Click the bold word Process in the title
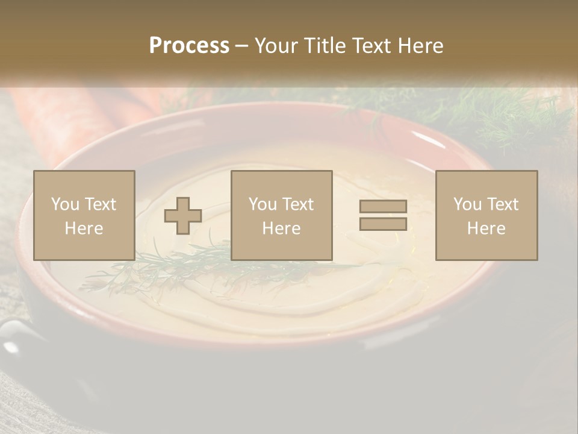tap(189, 46)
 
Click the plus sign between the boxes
tap(183, 215)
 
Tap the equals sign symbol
tap(383, 215)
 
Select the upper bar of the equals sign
tap(383, 207)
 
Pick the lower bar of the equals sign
tap(383, 224)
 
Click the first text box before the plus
tap(84, 215)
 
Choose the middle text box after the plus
tap(281, 215)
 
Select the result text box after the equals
tap(486, 215)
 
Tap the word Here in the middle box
tap(281, 228)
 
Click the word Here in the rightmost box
tap(486, 228)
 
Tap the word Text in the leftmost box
tap(100, 204)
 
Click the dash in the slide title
tap(241, 46)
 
